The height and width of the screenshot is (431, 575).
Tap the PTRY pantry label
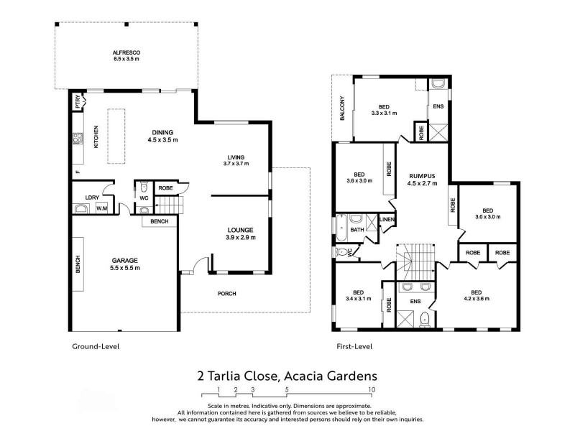point(77,105)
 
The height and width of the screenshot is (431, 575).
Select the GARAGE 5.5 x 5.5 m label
point(124,264)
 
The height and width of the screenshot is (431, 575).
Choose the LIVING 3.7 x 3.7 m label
point(236,160)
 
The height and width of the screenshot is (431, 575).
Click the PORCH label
point(226,293)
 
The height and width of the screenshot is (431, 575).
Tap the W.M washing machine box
point(101,209)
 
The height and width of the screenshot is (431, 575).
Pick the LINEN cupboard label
point(387,219)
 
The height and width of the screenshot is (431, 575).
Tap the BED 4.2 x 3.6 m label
point(481,295)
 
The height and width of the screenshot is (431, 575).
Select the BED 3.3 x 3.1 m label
point(383,108)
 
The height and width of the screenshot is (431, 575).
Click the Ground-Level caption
point(95,346)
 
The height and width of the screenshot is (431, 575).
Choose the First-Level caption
point(354,346)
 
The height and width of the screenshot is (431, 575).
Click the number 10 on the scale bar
point(371,391)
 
